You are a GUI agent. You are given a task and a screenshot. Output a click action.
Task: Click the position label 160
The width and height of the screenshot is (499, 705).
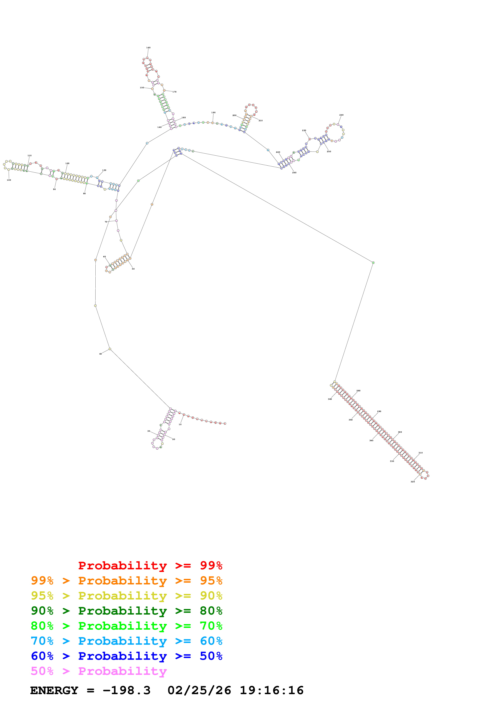click(148, 48)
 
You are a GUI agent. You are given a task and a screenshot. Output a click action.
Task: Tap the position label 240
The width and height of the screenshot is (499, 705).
click(341, 115)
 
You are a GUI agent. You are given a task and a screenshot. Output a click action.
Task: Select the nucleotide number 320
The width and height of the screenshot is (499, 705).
click(413, 482)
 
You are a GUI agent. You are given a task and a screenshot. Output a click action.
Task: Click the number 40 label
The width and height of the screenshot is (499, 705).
click(100, 354)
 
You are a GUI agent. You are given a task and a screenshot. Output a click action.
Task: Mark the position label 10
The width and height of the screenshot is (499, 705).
click(180, 424)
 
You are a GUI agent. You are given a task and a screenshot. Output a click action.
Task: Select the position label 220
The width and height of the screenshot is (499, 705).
click(278, 152)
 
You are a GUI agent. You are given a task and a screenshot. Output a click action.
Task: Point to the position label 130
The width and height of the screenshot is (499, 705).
click(104, 170)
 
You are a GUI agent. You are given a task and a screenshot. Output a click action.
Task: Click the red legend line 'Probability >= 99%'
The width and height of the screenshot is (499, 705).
click(150, 565)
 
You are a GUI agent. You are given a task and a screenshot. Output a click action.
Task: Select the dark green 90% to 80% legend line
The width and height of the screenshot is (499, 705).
click(126, 611)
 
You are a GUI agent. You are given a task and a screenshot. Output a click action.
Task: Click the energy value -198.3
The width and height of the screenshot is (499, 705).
click(126, 690)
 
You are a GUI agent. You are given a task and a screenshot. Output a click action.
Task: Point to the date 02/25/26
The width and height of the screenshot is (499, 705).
click(199, 690)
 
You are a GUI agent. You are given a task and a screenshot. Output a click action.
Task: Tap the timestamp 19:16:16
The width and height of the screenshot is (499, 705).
click(272, 690)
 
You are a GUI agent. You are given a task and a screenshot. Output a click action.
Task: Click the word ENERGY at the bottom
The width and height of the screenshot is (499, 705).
click(54, 690)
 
